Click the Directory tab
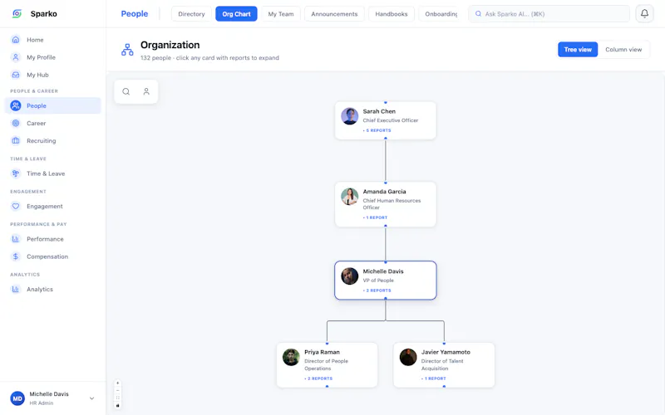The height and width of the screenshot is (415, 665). click(191, 14)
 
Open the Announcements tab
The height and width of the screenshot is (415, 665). click(334, 14)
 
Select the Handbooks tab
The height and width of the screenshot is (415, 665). click(391, 14)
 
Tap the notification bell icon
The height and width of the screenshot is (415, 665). click(644, 13)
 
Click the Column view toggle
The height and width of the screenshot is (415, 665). click(623, 50)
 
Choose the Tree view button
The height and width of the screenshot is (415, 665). click(578, 50)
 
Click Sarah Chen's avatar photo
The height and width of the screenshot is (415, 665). click(349, 116)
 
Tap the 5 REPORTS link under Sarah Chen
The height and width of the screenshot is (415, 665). click(377, 130)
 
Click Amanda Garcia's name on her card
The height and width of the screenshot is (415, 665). click(384, 192)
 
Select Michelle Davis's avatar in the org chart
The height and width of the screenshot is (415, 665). click(349, 276)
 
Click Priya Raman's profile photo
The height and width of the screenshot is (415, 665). click(291, 357)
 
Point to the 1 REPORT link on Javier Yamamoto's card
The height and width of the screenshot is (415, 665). click(433, 378)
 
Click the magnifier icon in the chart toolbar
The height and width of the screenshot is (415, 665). click(126, 91)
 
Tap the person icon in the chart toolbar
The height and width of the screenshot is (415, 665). click(146, 91)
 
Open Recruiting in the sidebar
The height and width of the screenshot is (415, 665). click(41, 140)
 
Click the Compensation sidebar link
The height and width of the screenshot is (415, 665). click(47, 256)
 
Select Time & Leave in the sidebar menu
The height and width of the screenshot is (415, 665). click(46, 173)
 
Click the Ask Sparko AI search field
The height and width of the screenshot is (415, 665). click(549, 14)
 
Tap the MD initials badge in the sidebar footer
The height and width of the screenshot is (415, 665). click(17, 398)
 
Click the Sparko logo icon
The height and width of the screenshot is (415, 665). click(17, 13)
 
